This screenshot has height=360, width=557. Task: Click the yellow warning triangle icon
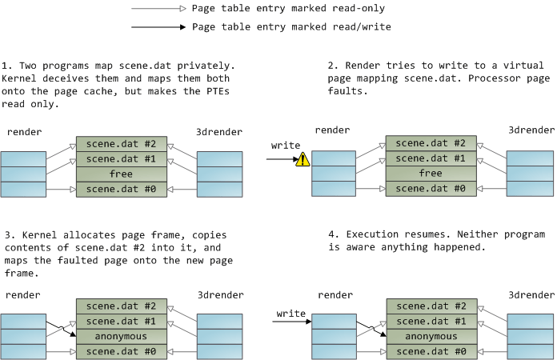(303, 159)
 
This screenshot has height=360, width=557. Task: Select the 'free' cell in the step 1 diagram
(121, 174)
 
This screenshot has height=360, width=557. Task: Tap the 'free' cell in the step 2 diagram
(431, 173)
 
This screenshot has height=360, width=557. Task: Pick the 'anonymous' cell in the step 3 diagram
(121, 336)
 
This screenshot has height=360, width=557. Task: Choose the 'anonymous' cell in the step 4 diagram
(431, 336)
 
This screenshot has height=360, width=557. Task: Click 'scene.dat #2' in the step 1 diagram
(121, 144)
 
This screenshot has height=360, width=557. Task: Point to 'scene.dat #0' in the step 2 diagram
(431, 188)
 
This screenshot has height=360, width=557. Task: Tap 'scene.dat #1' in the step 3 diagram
(121, 321)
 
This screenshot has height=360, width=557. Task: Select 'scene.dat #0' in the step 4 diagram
(431, 351)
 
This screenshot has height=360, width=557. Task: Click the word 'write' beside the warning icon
(286, 146)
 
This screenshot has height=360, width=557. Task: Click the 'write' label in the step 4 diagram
(291, 313)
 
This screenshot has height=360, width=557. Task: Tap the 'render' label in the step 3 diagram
(23, 295)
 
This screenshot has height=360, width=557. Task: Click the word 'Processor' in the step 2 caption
(495, 78)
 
